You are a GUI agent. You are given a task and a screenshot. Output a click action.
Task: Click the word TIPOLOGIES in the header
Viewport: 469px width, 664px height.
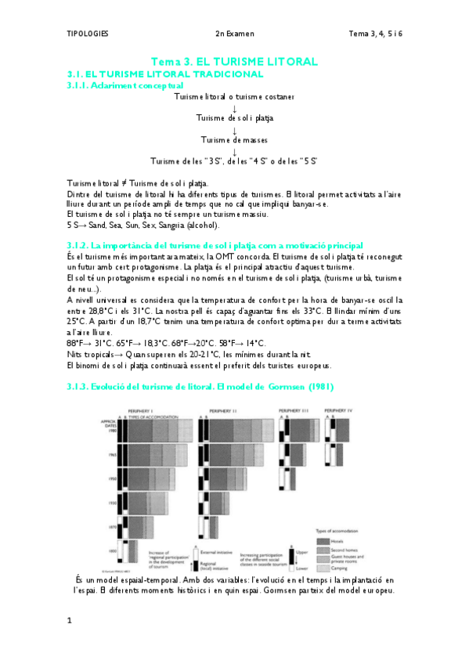click(x=87, y=34)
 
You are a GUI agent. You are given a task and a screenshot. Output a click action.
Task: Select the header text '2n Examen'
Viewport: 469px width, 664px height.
click(x=235, y=34)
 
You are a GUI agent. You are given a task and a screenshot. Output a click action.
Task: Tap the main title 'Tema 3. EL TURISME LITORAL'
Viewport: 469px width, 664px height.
click(x=234, y=60)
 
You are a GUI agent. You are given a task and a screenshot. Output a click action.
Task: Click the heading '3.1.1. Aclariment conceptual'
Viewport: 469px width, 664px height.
click(x=125, y=85)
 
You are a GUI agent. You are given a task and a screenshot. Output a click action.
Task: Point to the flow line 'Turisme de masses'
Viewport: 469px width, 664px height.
click(x=234, y=140)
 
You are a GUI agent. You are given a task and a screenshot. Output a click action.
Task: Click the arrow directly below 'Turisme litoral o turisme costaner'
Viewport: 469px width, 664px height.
click(x=234, y=107)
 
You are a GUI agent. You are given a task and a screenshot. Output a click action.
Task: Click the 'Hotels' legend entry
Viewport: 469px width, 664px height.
click(x=348, y=541)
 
